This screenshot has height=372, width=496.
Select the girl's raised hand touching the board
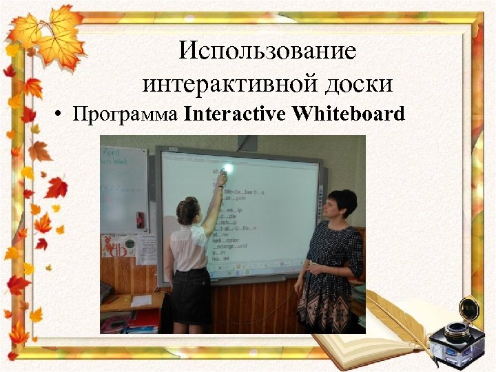click(221, 178)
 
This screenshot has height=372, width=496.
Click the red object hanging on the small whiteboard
click(140, 220)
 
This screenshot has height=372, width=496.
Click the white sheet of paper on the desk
click(142, 301)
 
